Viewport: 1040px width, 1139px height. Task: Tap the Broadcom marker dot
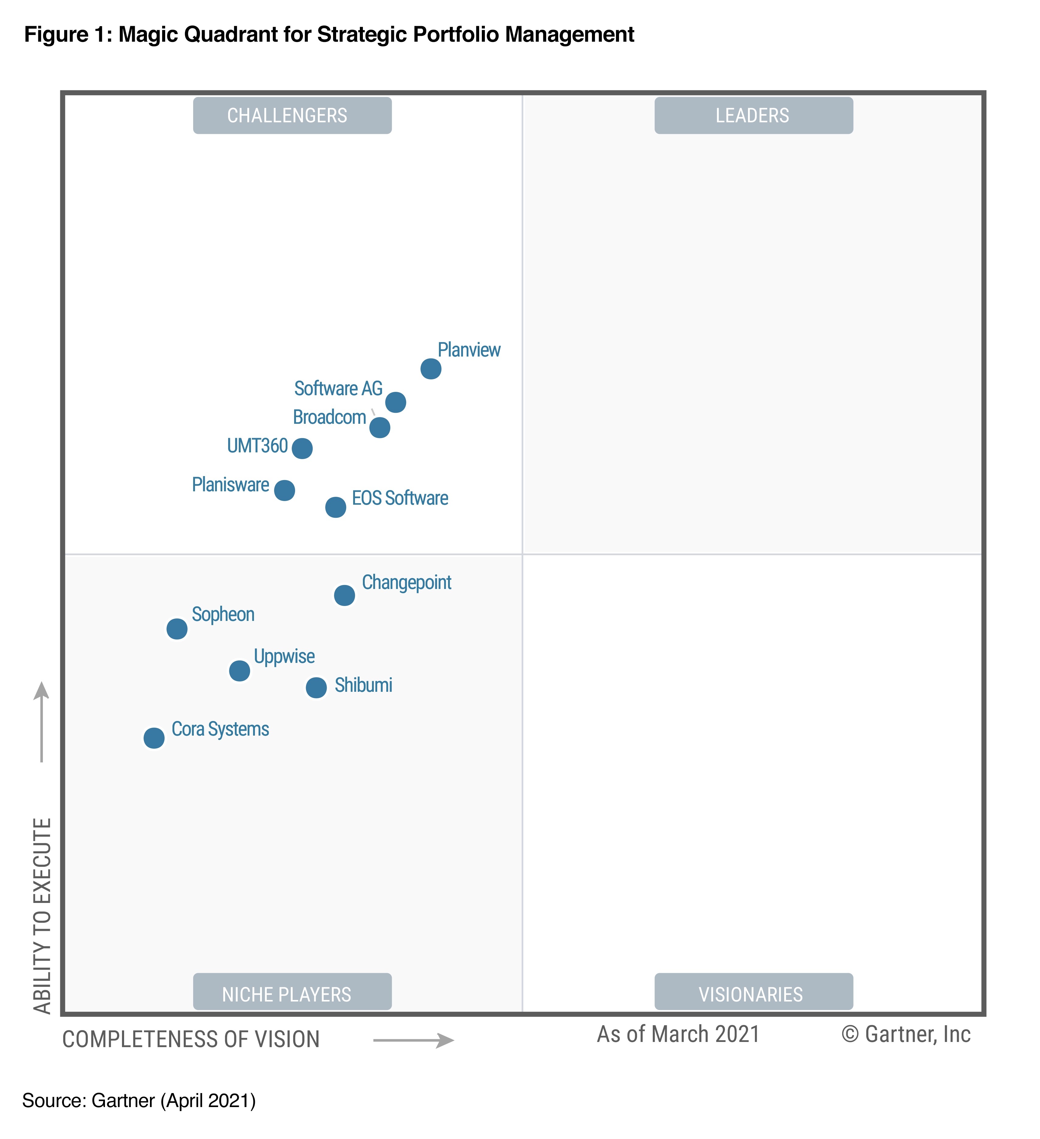click(x=380, y=428)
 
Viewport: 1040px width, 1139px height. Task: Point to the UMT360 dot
click(x=302, y=449)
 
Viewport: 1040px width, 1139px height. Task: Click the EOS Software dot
click(x=336, y=507)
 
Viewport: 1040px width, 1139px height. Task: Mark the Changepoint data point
click(x=344, y=595)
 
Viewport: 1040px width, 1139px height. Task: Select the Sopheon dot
click(x=177, y=629)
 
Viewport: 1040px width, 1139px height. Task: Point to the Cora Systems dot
click(x=154, y=738)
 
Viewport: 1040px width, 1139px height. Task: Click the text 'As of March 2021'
click(x=678, y=1034)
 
